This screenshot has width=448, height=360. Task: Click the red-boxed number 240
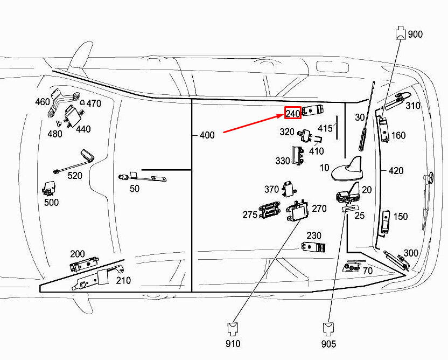[x=292, y=114]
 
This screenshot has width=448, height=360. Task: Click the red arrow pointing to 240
[x=253, y=123]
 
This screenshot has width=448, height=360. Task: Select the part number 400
[x=207, y=135]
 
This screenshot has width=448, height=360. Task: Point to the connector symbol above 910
[x=233, y=328]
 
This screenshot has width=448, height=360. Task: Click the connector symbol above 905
[x=328, y=328]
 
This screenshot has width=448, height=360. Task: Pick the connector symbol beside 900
[x=400, y=33]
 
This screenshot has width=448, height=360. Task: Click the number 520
[x=75, y=175]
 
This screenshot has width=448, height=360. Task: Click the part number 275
[x=250, y=214]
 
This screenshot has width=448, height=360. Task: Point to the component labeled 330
[x=298, y=156]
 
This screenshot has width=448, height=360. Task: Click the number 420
[x=396, y=171]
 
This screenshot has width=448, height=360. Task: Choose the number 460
[x=43, y=102]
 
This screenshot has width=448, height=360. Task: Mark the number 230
[x=314, y=236]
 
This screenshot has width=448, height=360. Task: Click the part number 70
[x=368, y=271]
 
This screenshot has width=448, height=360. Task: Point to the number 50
[x=134, y=188]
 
